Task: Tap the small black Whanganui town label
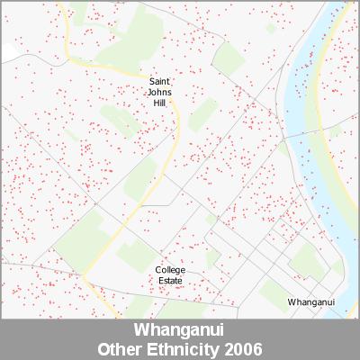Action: coord(310,302)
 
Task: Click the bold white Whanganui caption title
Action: coord(180,330)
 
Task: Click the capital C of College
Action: coord(158,270)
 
